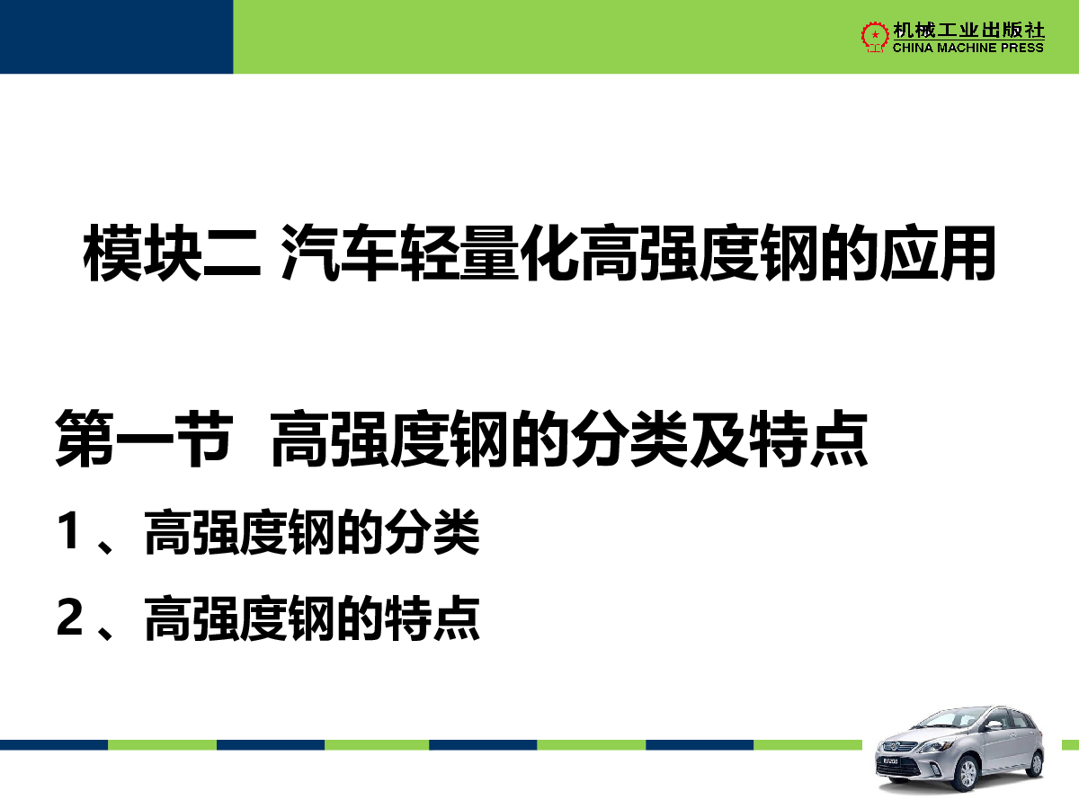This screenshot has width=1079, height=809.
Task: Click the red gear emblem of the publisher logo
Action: click(x=875, y=36)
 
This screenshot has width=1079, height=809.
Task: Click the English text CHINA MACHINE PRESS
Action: click(x=968, y=48)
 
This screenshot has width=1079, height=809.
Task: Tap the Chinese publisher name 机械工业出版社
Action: click(x=968, y=30)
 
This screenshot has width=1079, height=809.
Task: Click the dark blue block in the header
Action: click(x=117, y=37)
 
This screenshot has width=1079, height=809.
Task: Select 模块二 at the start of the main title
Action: click(x=172, y=253)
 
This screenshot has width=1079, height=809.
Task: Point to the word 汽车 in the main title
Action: click(x=340, y=253)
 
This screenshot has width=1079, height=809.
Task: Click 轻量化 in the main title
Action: click(x=489, y=253)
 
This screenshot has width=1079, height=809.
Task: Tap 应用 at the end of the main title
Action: click(x=938, y=253)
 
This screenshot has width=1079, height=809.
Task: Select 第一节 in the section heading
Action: click(x=144, y=438)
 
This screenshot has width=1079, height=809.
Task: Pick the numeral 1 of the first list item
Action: click(x=68, y=530)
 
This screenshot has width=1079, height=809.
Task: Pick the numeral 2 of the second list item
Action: click(x=69, y=617)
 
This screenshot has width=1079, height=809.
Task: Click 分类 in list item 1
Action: click(x=432, y=531)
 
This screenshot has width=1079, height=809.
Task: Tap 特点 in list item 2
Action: click(x=432, y=618)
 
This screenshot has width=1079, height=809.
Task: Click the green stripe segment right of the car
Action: click(x=1070, y=744)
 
